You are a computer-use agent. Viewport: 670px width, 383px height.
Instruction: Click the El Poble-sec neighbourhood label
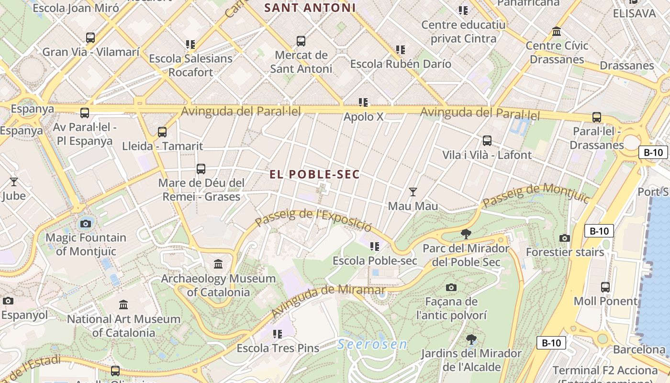[x=314, y=175]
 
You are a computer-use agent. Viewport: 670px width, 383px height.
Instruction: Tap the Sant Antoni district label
[x=310, y=8]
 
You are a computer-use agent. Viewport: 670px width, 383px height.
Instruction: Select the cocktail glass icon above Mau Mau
[x=413, y=192]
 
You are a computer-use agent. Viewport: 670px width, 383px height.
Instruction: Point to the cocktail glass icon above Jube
[x=14, y=181]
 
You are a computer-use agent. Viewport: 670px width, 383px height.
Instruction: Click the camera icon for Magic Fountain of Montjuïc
[x=86, y=224]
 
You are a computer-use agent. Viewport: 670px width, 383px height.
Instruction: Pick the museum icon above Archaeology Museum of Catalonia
[x=218, y=264]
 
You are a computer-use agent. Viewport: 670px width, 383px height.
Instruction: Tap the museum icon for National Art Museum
[x=123, y=304]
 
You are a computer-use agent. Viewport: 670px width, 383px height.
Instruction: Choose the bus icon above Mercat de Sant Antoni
[x=301, y=41]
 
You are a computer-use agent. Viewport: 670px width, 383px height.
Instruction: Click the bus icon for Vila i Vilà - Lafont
[x=487, y=141]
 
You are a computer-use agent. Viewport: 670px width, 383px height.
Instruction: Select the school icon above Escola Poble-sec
[x=375, y=247]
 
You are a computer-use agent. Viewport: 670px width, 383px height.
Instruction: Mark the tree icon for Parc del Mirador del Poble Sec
[x=466, y=234]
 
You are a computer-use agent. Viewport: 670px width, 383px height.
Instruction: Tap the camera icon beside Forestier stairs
[x=565, y=238]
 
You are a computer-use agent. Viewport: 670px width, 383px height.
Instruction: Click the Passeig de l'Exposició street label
[x=313, y=219]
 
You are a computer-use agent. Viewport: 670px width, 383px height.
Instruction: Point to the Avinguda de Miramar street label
[x=328, y=300]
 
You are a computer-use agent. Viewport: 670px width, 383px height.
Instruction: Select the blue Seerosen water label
[x=372, y=344]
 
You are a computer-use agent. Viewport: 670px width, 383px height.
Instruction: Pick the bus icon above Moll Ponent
[x=605, y=287]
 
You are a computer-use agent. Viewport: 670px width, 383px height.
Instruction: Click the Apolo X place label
[x=364, y=117]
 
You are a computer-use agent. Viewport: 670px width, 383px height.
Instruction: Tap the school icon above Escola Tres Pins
[x=278, y=334]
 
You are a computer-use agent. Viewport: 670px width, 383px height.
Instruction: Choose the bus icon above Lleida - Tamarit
[x=162, y=132]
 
